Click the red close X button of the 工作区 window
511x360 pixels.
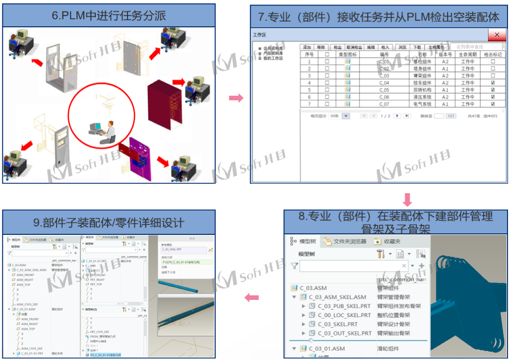click(x=497, y=35)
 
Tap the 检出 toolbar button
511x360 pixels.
click(x=337, y=47)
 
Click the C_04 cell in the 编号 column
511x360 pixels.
click(x=384, y=83)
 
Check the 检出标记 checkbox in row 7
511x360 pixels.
click(x=493, y=104)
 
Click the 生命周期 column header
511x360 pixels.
click(x=467, y=54)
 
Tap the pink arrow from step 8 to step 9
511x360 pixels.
click(x=252, y=298)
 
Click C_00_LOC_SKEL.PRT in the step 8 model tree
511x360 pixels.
click(x=344, y=315)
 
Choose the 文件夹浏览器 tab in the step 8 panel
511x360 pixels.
click(x=349, y=242)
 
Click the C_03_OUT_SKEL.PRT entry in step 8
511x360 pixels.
click(x=344, y=333)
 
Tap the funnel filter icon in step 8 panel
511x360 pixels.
click(x=295, y=266)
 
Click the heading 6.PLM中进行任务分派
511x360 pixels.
click(x=109, y=16)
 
